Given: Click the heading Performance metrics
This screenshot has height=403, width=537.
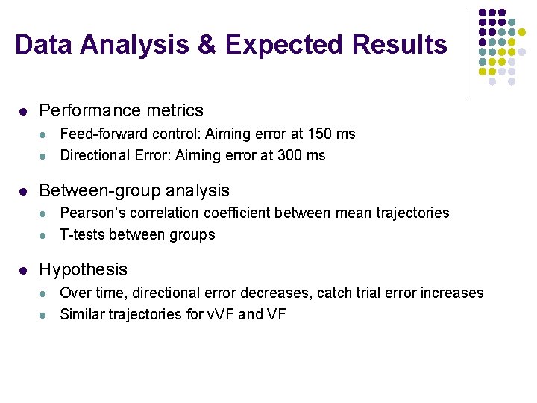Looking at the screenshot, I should pos(121,110).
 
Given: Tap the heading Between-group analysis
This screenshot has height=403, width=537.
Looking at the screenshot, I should pos(134,190).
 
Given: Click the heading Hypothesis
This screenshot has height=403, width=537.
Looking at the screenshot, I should pos(83,269).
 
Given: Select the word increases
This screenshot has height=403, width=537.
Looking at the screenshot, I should pos(453,293).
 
